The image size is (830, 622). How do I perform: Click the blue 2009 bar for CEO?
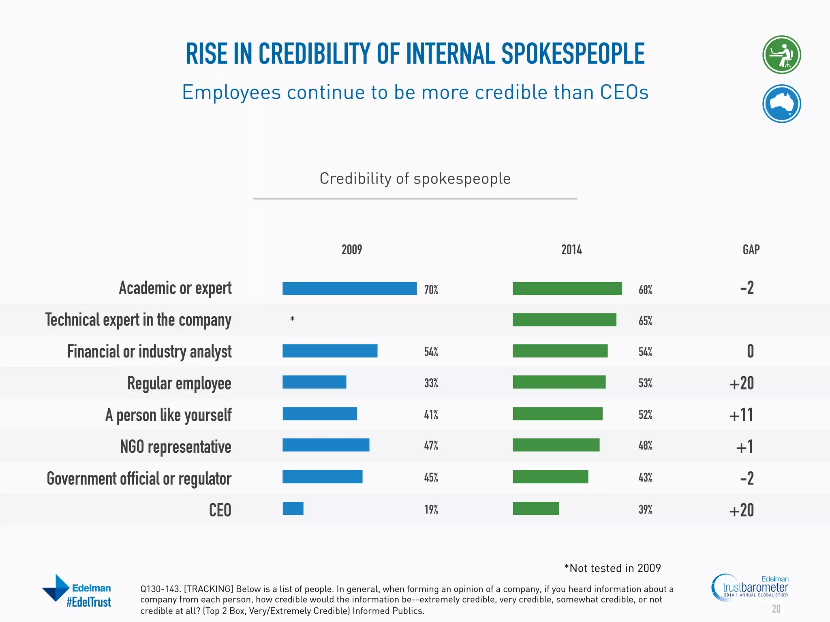click(x=293, y=508)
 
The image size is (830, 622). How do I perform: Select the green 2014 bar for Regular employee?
click(x=558, y=382)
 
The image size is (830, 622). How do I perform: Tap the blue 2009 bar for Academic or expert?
click(x=349, y=288)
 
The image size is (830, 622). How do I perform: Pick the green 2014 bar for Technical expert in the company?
click(x=564, y=320)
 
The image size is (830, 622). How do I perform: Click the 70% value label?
click(x=431, y=290)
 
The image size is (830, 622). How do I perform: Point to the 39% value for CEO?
click(x=645, y=509)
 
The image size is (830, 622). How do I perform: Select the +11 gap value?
click(x=741, y=415)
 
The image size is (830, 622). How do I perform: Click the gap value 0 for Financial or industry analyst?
click(x=750, y=351)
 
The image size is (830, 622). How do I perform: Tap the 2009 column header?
click(x=351, y=249)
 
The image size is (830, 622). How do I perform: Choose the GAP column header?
click(x=751, y=249)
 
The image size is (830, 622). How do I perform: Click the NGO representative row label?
click(x=175, y=447)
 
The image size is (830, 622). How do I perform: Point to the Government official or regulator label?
click(x=139, y=478)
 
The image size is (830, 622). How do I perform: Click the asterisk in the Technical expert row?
click(x=292, y=320)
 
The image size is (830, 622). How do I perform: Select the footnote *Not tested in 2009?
click(x=612, y=568)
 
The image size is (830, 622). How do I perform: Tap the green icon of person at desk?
click(x=781, y=55)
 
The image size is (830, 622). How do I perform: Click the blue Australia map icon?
click(x=781, y=104)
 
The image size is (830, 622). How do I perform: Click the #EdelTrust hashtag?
click(x=89, y=602)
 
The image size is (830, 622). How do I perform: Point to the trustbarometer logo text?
click(x=755, y=587)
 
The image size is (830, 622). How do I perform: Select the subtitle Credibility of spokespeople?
click(x=415, y=179)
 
